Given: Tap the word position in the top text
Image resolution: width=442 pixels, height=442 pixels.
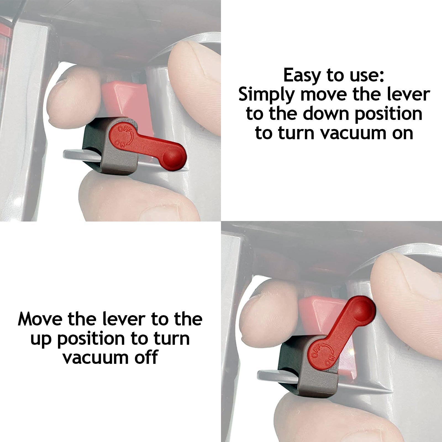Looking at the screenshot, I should pos(388,114).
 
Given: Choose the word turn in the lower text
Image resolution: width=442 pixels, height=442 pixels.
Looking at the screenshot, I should pos(174,338).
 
